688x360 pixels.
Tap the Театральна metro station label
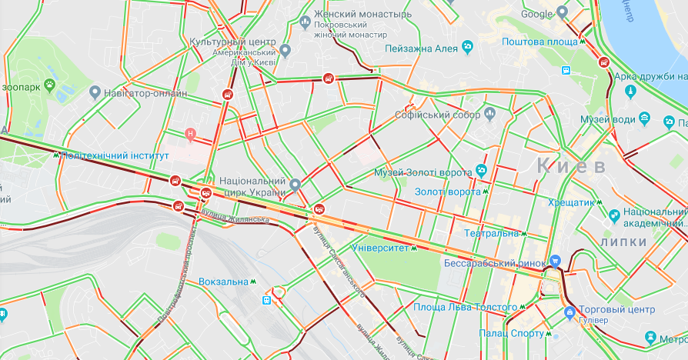[x=492, y=232]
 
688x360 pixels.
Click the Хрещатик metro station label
[x=573, y=202]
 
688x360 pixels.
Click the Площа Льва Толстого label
[x=465, y=308]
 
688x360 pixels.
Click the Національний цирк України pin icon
[x=295, y=185]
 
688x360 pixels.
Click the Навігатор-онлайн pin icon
[x=95, y=93]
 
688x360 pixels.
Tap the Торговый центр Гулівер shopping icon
[x=569, y=313]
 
